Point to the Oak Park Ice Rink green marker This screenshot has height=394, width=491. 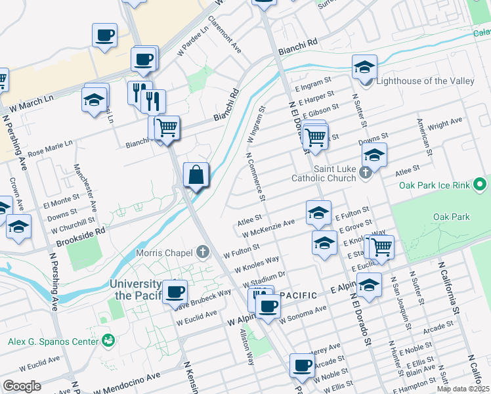479,185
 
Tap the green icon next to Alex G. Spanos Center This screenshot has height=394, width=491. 108,340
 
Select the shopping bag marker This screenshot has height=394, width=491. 196,175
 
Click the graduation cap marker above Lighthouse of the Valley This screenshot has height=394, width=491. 364,67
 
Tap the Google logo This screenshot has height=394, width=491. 22,386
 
